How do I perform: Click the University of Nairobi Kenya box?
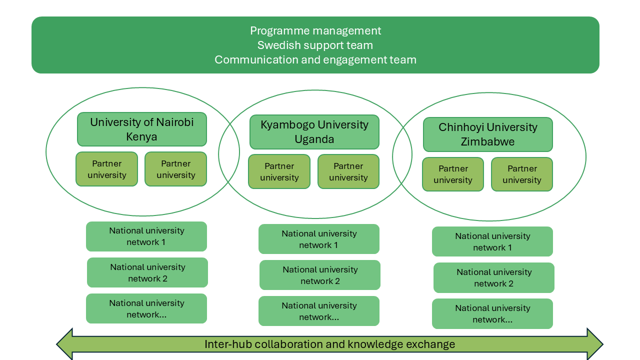[142, 129]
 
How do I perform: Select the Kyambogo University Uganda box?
[314, 132]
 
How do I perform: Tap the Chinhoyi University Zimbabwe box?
[488, 134]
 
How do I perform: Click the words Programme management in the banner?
[315, 30]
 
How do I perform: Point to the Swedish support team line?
[315, 45]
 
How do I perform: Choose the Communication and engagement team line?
[315, 59]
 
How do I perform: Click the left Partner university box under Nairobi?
[106, 169]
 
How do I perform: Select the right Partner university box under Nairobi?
[175, 169]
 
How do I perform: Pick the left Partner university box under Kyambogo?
[279, 171]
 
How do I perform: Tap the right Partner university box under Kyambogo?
[348, 171]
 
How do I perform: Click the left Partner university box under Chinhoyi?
[453, 174]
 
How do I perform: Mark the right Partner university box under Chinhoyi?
[522, 174]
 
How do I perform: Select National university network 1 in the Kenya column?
[146, 236]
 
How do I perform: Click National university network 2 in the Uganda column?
[320, 275]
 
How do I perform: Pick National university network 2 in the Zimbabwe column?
[494, 277]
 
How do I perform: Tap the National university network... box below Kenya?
[146, 308]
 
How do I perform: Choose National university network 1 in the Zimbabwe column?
[492, 241]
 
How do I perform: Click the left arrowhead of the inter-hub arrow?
[65, 344]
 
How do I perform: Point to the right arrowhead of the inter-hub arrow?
[594, 344]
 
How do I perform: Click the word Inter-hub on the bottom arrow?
[222, 344]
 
